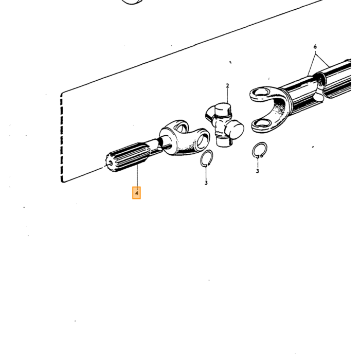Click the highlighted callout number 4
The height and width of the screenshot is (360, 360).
(136, 193)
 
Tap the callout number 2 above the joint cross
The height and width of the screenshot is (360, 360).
(227, 86)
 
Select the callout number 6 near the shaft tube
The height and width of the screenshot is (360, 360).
(315, 47)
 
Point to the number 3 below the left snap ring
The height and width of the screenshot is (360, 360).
(206, 183)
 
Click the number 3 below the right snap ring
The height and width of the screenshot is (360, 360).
(257, 171)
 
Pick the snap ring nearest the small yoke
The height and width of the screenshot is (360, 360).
(201, 158)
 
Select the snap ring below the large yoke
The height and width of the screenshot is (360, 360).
(254, 150)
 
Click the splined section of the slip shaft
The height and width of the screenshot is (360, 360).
(128, 156)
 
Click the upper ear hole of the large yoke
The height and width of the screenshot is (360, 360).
(261, 93)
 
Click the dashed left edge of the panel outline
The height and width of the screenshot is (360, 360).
(62, 138)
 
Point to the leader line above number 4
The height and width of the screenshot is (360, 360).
(137, 175)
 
